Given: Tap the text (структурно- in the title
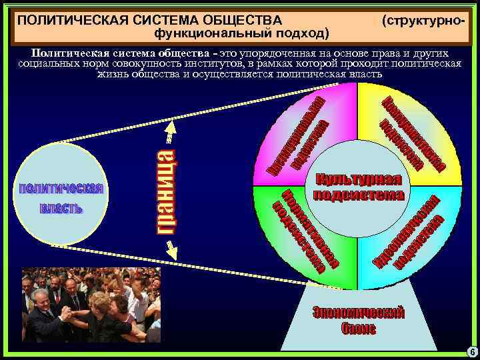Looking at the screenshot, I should (422, 20).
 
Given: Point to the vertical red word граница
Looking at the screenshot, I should (167, 191).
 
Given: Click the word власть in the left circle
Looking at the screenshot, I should (61, 208).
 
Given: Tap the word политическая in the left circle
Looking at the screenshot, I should (61, 188).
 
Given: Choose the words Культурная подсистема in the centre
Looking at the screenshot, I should (359, 187).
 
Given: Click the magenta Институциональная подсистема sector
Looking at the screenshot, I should (298, 137).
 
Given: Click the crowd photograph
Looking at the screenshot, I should (91, 304).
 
